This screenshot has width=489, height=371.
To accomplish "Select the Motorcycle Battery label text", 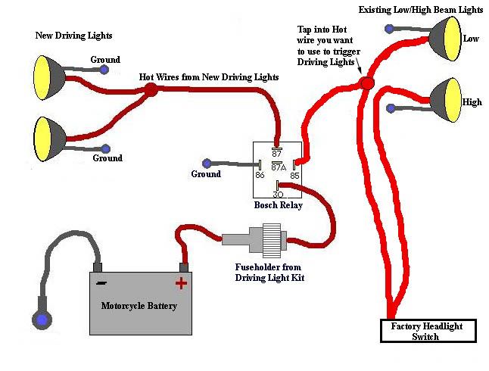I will [x=139, y=306].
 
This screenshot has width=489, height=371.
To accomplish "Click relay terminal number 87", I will [x=277, y=153].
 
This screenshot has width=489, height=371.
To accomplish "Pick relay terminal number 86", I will [x=260, y=174].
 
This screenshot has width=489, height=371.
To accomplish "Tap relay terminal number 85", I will [x=294, y=174].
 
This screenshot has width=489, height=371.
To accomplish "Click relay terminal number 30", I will [x=278, y=194].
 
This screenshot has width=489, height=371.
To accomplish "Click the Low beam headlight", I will [x=445, y=39].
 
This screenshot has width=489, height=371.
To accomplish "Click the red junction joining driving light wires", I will [x=151, y=90].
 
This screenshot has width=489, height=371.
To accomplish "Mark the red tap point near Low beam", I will [x=366, y=82].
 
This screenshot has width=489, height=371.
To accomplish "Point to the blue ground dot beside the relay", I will [x=207, y=163].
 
